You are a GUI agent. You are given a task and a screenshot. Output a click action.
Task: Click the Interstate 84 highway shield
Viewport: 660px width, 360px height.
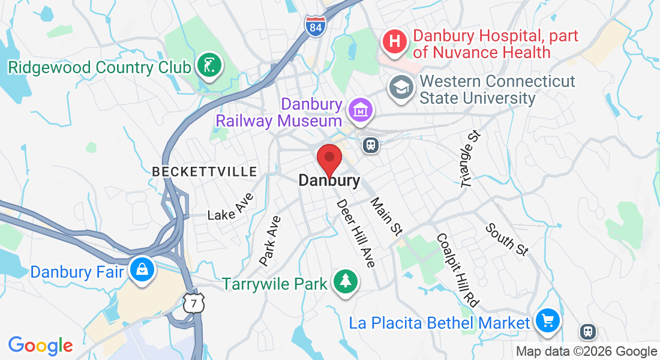(x=314, y=26)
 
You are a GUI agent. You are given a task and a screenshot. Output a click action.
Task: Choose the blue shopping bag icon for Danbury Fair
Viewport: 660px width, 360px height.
(x=142, y=270)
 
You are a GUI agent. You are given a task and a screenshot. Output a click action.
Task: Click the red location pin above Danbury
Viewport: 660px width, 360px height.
(x=329, y=159)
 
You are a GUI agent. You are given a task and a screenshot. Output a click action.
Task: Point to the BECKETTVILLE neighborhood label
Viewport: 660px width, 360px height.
(x=204, y=172)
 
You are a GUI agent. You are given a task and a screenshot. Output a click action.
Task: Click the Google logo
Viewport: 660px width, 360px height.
(x=40, y=346)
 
